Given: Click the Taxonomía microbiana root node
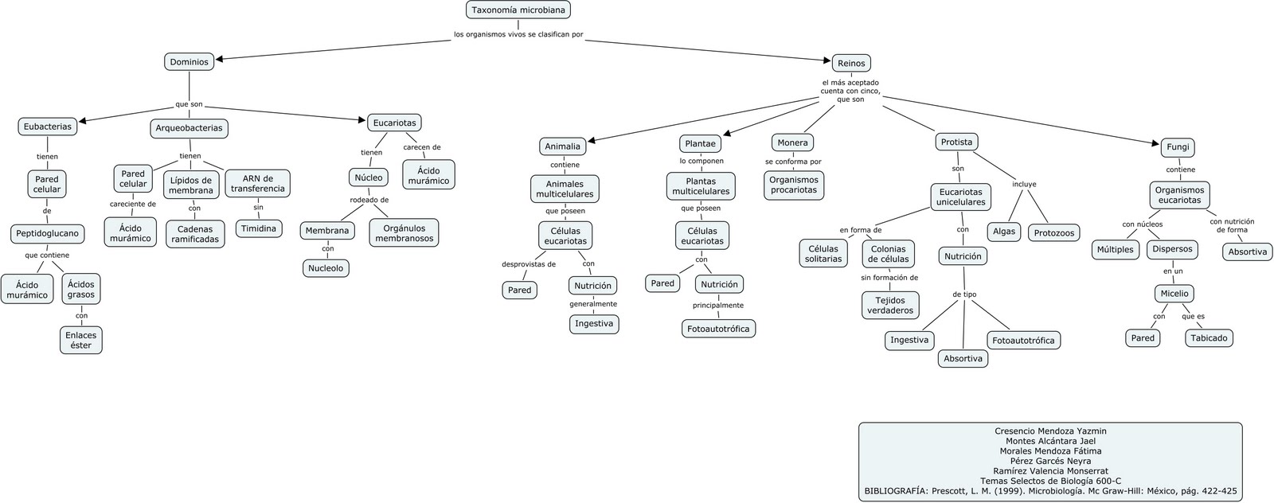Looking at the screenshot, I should point(518,10).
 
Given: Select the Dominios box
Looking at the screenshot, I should point(190,61).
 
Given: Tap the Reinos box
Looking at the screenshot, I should point(851,63).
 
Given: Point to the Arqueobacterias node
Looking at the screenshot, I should point(189,128).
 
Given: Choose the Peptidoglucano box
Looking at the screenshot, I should point(47,234).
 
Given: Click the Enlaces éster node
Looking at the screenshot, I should point(81,340).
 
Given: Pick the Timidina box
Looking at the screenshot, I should point(259,228).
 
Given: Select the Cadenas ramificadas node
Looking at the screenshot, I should point(195,234).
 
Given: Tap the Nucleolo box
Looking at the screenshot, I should point(326,268).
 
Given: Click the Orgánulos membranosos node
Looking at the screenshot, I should point(404,233).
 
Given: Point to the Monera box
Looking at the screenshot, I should point(792,142).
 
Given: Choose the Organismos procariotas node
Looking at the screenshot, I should point(794,185).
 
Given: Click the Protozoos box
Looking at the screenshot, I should point(1053,233).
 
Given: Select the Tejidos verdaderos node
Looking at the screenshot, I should point(890,305).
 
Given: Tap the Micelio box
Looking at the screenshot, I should point(1174,294).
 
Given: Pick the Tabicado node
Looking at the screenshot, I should point(1209,337).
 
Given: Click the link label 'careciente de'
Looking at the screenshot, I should point(133,204).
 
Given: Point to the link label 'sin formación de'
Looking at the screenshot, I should point(889,278).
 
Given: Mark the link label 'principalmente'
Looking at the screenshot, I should point(717,305).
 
